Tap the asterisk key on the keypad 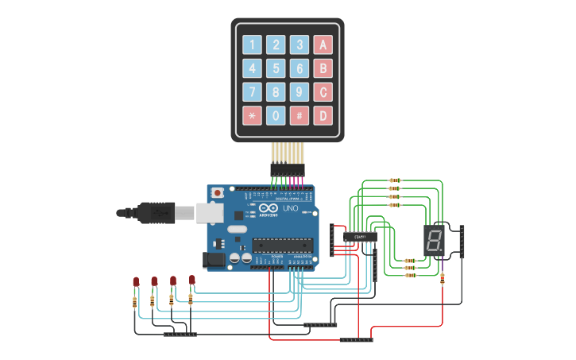coord(252,116)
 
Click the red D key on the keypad coord(323,116)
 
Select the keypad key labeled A coord(323,45)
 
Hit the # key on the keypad coord(300,116)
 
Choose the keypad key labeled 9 coord(300,92)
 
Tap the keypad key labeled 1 coord(252,45)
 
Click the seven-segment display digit coord(435,239)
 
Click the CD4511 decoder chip coord(360,236)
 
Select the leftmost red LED coord(136,282)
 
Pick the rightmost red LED coord(191,280)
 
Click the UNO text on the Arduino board coord(290,208)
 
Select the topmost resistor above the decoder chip coord(394,180)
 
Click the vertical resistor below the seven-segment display coord(443,278)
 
